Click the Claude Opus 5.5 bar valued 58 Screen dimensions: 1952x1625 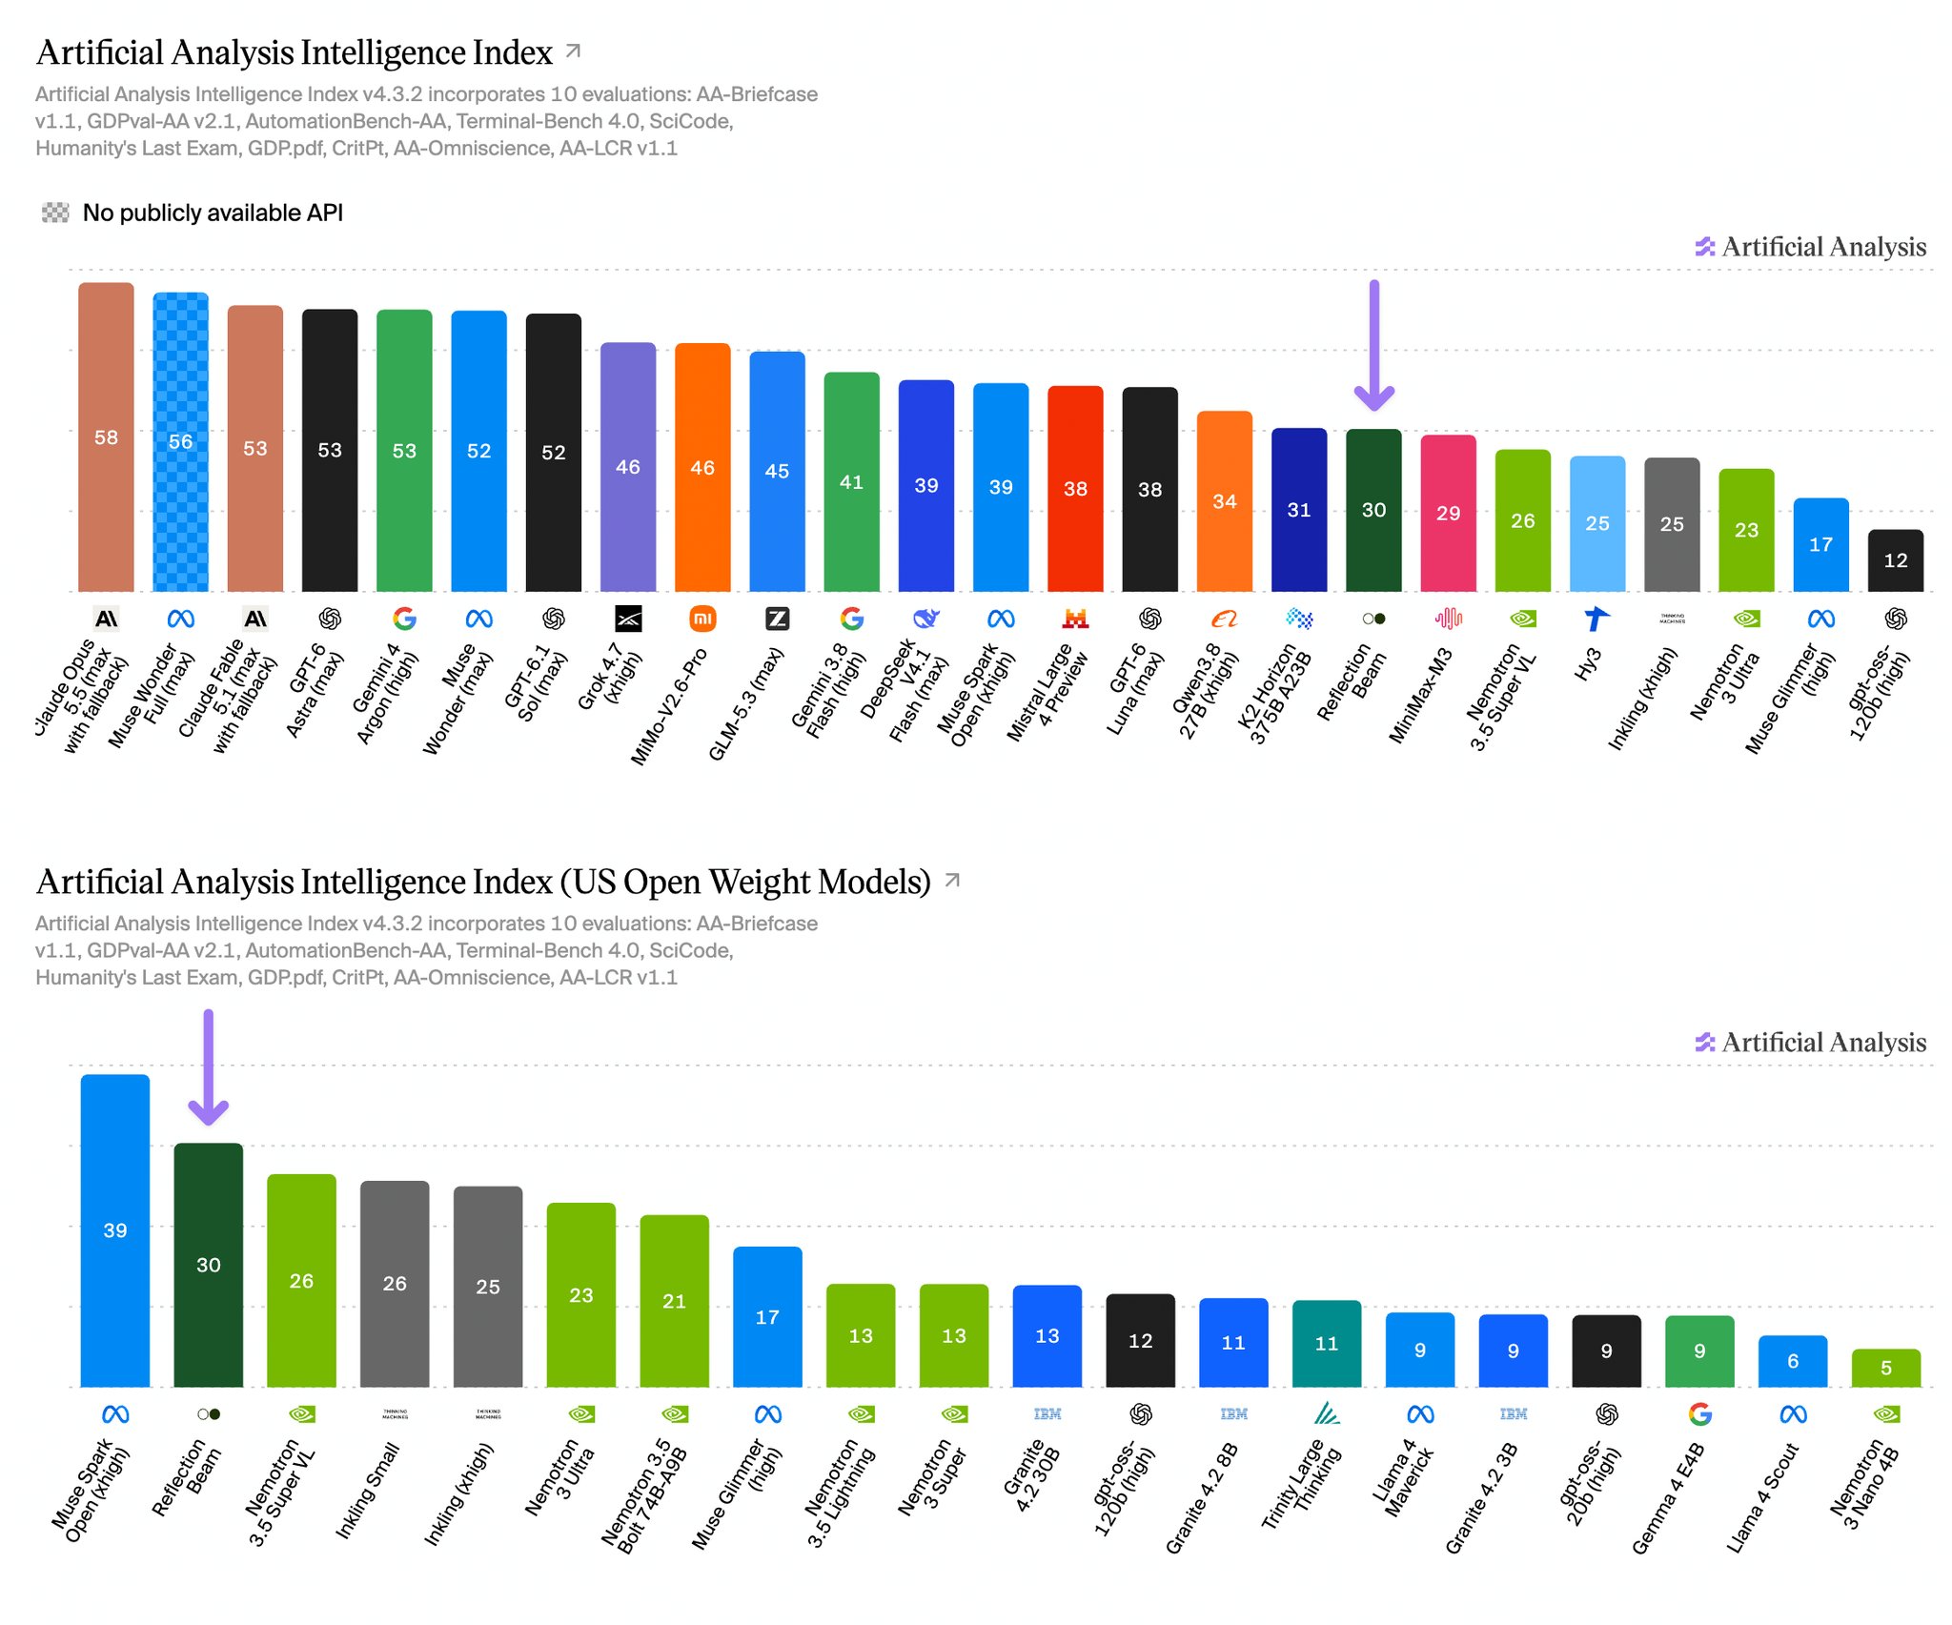pyautogui.click(x=106, y=437)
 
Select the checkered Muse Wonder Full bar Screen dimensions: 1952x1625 pyautogui.click(x=180, y=441)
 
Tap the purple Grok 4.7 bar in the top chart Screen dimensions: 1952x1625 pyautogui.click(x=628, y=467)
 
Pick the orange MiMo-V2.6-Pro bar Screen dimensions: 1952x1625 pyautogui.click(x=702, y=467)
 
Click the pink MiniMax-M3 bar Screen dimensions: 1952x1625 pyautogui.click(x=1448, y=513)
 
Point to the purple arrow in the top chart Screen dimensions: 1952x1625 pyautogui.click(x=1373, y=345)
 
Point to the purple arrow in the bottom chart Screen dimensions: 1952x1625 pyautogui.click(x=208, y=1067)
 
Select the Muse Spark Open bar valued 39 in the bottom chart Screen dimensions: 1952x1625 pyautogui.click(x=115, y=1230)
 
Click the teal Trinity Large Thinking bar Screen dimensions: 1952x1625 pyautogui.click(x=1327, y=1344)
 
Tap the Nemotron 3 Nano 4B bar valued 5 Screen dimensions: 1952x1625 pyautogui.click(x=1886, y=1368)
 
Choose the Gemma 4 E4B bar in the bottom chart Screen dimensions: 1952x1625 pyautogui.click(x=1699, y=1351)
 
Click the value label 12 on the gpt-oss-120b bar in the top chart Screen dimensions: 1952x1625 pyautogui.click(x=1896, y=560)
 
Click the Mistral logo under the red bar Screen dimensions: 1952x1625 pyautogui.click(x=1075, y=619)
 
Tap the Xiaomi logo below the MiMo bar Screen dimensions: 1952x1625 pyautogui.click(x=702, y=619)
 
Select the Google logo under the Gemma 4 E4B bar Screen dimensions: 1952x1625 pyautogui.click(x=1699, y=1414)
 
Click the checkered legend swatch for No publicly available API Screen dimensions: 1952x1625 pyautogui.click(x=55, y=213)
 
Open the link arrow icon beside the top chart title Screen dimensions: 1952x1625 pyautogui.click(x=573, y=51)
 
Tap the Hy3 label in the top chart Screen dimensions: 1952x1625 pyautogui.click(x=1588, y=664)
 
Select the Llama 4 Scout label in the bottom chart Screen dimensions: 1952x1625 pyautogui.click(x=1762, y=1497)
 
